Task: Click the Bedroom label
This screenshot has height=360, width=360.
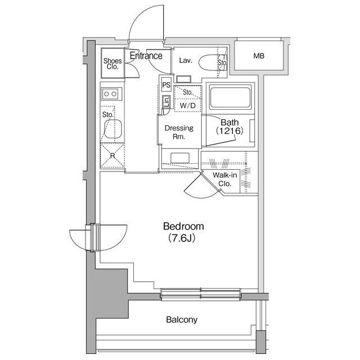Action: pyautogui.click(x=183, y=226)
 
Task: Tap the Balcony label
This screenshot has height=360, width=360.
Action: pyautogui.click(x=182, y=319)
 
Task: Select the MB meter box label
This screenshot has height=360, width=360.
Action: pyautogui.click(x=259, y=56)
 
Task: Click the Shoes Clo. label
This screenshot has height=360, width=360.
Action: pyautogui.click(x=112, y=64)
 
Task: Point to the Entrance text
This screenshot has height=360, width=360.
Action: pyautogui.click(x=146, y=56)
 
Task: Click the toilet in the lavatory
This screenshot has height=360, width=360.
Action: pyautogui.click(x=213, y=62)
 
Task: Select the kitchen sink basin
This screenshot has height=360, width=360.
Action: pyautogui.click(x=113, y=129)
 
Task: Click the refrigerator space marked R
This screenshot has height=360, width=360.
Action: pyautogui.click(x=112, y=155)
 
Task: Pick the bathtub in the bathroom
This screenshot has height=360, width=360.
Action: pyautogui.click(x=230, y=97)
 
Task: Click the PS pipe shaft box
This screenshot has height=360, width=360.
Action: pyautogui.click(x=166, y=85)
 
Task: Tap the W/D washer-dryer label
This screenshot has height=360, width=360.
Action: pyautogui.click(x=188, y=106)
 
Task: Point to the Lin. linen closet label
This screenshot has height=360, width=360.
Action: pyautogui.click(x=166, y=101)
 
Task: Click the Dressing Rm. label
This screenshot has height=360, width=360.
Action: pyautogui.click(x=179, y=132)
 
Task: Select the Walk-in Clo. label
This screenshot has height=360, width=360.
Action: pyautogui.click(x=225, y=179)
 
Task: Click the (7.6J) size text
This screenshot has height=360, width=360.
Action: pyautogui.click(x=182, y=238)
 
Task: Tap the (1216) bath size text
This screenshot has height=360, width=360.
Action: pyautogui.click(x=229, y=131)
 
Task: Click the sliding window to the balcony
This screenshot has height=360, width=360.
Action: pyautogui.click(x=201, y=294)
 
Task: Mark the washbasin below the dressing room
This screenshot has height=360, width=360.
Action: pyautogui.click(x=180, y=157)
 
